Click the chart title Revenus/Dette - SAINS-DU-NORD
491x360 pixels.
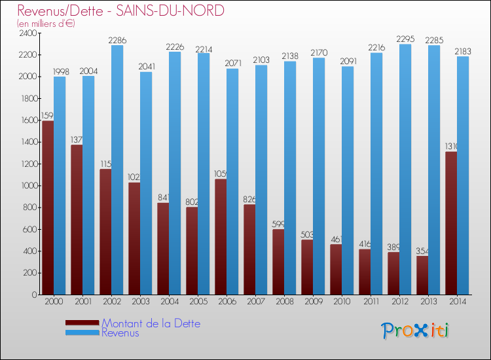click(x=120, y=10)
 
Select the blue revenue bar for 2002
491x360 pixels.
click(x=118, y=170)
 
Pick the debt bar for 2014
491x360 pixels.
click(x=450, y=223)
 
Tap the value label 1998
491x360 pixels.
click(x=60, y=71)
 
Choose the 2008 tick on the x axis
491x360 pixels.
click(x=284, y=302)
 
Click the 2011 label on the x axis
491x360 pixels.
click(x=371, y=302)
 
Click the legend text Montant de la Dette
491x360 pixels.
click(x=151, y=323)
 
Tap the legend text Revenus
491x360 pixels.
click(x=120, y=333)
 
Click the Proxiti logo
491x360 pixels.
click(x=416, y=331)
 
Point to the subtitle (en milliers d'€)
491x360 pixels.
click(x=46, y=24)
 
